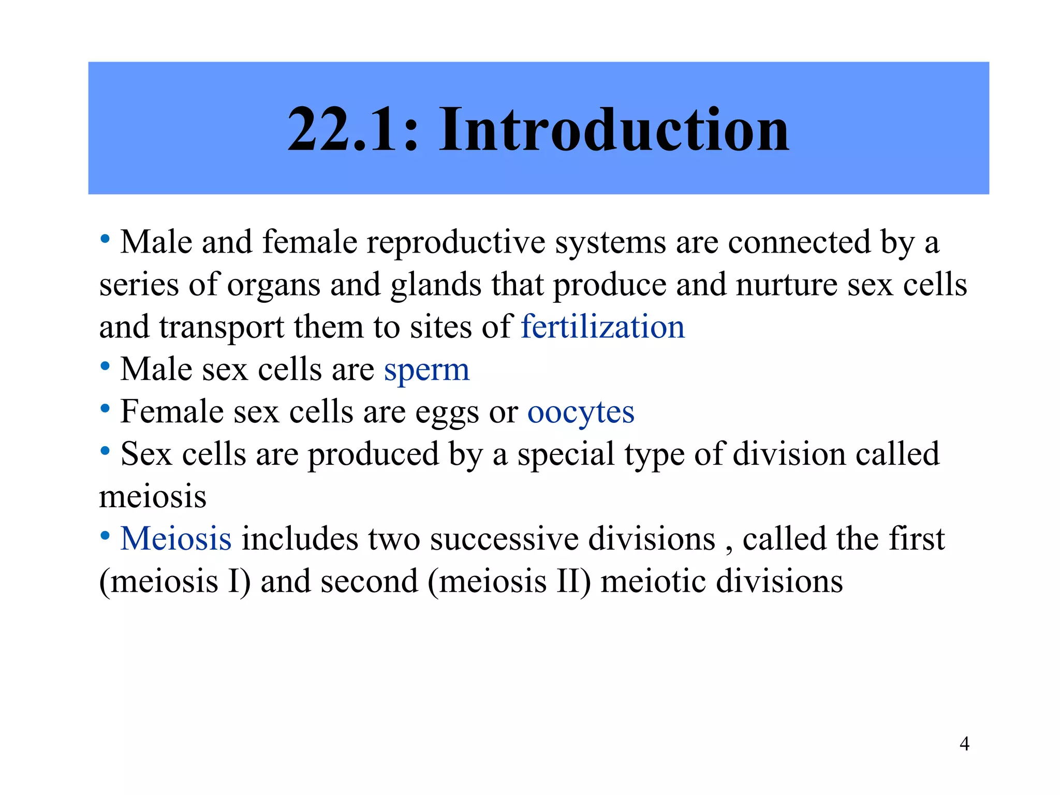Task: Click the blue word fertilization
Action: click(x=602, y=327)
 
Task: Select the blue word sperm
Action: click(x=426, y=371)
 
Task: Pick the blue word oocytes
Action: click(x=581, y=413)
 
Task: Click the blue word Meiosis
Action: click(x=176, y=539)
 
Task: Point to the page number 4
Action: click(x=964, y=744)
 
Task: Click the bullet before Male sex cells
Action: click(x=105, y=366)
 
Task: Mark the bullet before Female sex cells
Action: click(x=105, y=409)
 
